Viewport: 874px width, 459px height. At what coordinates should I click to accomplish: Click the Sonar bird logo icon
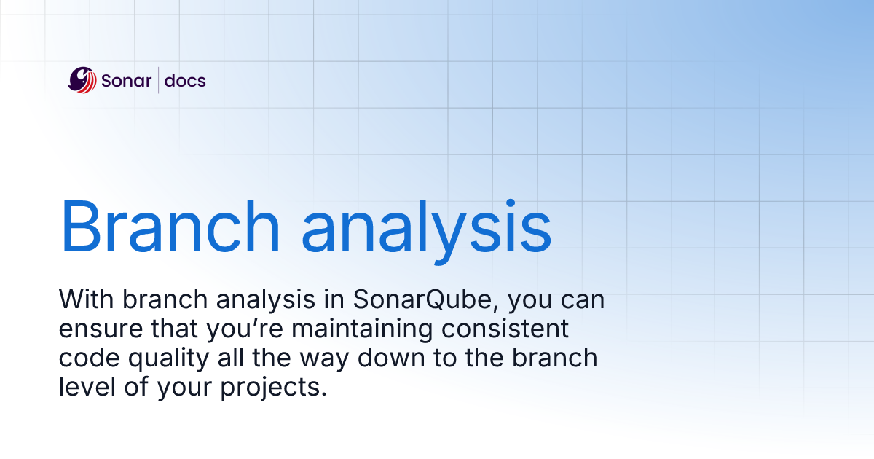pos(82,80)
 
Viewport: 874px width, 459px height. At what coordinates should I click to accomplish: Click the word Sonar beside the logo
pos(126,81)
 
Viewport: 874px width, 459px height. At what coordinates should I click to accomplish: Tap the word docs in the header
pos(185,81)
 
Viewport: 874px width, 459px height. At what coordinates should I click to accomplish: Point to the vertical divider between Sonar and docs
pos(159,80)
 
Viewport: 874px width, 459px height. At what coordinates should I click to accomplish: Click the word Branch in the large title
pos(170,227)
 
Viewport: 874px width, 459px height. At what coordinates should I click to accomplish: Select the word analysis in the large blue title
pos(427,232)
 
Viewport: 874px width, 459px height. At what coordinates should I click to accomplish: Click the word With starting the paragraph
pos(86,299)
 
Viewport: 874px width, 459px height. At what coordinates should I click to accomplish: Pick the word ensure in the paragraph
pos(101,329)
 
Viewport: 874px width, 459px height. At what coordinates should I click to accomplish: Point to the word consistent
pos(505,329)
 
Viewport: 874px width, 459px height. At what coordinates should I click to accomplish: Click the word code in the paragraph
pos(89,358)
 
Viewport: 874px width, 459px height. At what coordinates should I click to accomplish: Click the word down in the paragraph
pos(391,358)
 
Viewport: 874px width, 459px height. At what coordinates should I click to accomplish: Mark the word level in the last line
pos(87,387)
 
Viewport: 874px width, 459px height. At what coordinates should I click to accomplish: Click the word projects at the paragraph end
pos(273,388)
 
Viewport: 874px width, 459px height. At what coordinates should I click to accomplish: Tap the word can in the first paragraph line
pos(583,300)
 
